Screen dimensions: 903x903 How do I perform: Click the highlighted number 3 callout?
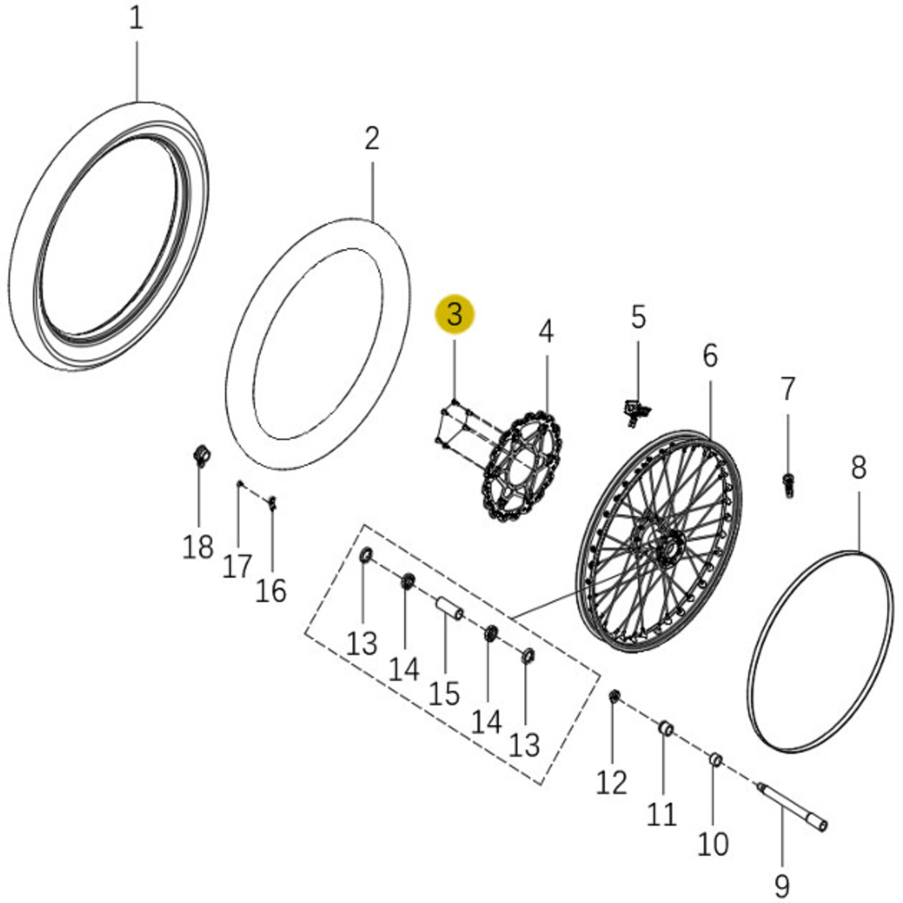point(455,315)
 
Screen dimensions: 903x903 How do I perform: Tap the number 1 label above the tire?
point(136,18)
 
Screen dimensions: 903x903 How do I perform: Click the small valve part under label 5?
point(636,412)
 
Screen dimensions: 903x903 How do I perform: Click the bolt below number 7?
point(788,485)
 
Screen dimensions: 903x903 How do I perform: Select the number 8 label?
point(858,468)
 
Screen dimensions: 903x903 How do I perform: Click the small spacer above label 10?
point(716,760)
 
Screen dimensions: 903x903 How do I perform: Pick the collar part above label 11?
point(665,729)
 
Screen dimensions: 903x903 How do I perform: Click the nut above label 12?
point(614,696)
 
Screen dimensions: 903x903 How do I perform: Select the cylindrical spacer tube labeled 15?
point(449,608)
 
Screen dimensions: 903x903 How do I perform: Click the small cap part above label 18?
point(203,456)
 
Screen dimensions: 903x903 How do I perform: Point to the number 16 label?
point(271,591)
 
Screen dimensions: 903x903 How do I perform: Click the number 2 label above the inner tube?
point(372,139)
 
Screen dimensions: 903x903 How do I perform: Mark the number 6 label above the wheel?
point(709,356)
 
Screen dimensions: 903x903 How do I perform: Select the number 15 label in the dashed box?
point(444,695)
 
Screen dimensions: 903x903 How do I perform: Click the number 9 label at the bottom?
point(782,884)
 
